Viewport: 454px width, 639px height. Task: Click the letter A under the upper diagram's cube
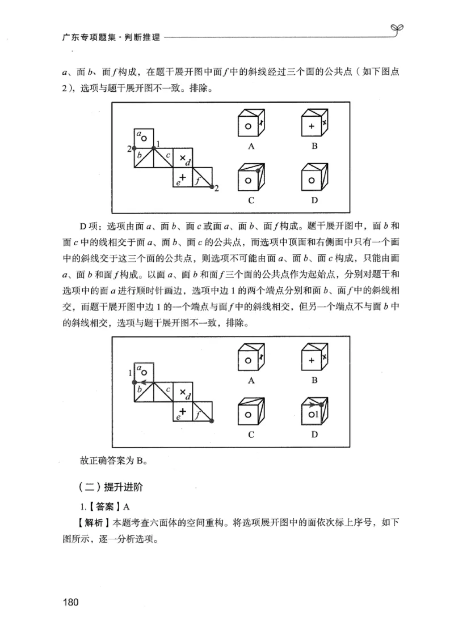click(x=250, y=146)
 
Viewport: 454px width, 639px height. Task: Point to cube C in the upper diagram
click(x=250, y=177)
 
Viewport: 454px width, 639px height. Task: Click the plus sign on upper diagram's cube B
click(x=312, y=127)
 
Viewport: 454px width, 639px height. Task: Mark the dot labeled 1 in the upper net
click(x=154, y=148)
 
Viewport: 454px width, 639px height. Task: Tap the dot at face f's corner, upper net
click(x=212, y=186)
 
